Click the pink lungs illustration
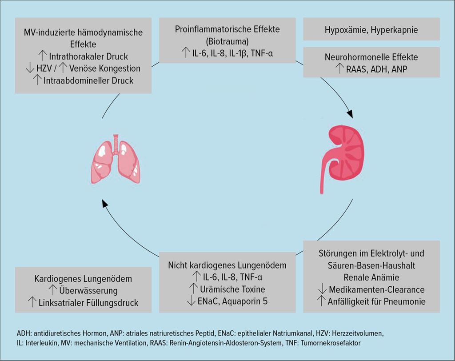coord(116,160)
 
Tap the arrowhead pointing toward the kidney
coord(349,114)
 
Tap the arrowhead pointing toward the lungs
coord(105,204)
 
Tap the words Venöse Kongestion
coord(104,68)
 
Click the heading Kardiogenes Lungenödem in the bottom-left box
coord(83,279)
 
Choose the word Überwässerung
coord(88,291)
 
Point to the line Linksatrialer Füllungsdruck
coord(88,303)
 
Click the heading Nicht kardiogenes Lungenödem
coord(227,265)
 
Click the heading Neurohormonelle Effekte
coord(371,57)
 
